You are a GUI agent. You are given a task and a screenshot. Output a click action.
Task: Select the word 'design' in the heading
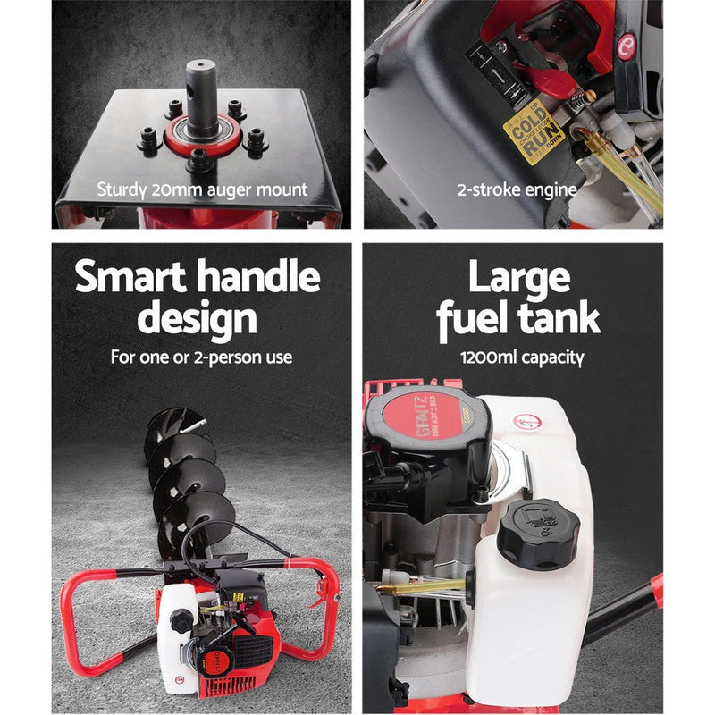[198, 318]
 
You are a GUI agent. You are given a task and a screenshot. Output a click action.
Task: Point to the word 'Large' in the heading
[518, 278]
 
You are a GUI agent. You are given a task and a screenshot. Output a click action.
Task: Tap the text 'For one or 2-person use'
[201, 357]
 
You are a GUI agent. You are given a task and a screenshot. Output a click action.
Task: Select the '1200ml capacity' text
[522, 357]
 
